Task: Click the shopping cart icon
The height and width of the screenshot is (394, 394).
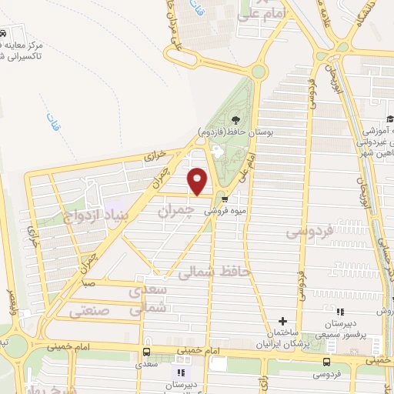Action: [x=224, y=196]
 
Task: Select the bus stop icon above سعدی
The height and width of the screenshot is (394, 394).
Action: [x=145, y=352]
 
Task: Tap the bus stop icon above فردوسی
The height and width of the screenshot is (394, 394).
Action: [x=328, y=362]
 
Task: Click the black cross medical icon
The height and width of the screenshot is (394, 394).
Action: [x=282, y=321]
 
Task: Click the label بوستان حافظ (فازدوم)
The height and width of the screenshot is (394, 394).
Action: [x=239, y=131]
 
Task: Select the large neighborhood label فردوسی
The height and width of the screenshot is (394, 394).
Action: [x=309, y=231]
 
